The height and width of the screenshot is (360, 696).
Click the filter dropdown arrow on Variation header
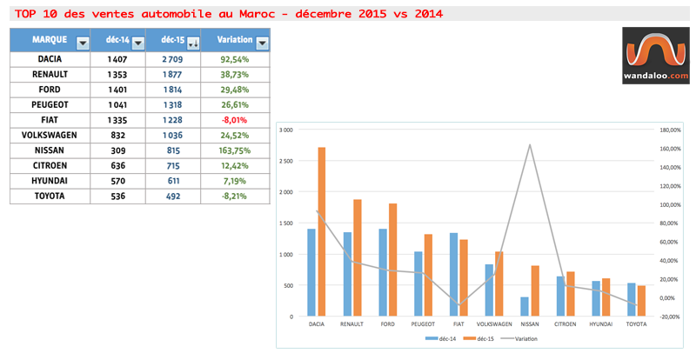(x=262, y=43)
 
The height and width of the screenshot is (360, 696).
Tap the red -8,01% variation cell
(x=234, y=120)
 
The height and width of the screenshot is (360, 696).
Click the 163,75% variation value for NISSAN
(x=234, y=150)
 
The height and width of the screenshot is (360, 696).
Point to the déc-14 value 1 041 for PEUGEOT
(x=116, y=104)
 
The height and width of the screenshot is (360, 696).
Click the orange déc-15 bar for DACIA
(x=321, y=230)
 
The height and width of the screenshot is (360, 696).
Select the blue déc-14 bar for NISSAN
(x=524, y=306)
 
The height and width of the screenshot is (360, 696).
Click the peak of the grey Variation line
(x=530, y=144)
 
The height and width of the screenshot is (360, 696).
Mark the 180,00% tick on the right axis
(x=667, y=130)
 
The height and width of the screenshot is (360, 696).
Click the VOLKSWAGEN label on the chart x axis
(x=493, y=323)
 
